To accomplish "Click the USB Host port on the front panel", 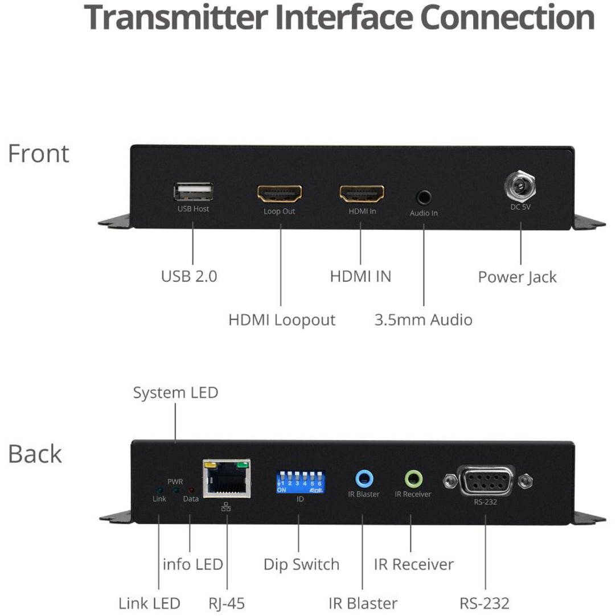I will click(x=194, y=192).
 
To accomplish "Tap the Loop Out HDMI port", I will click(x=280, y=194).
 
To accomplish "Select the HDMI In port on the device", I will click(x=362, y=194).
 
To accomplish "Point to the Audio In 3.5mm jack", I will click(x=424, y=198).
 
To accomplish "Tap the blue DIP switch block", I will click(x=300, y=482).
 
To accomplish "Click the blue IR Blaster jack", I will click(x=364, y=477).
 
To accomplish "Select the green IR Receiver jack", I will click(x=413, y=477).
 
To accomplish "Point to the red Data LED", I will click(x=191, y=490).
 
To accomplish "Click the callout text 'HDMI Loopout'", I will click(x=282, y=319).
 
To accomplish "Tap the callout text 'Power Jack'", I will click(x=517, y=277).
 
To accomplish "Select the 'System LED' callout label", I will click(x=175, y=393).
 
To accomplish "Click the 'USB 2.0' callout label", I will click(x=189, y=277).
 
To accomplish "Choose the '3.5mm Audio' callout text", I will click(x=423, y=319).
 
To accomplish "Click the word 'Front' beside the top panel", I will click(x=39, y=154).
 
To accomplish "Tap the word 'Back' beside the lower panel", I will click(x=35, y=454).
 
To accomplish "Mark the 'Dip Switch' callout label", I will click(x=301, y=564).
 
